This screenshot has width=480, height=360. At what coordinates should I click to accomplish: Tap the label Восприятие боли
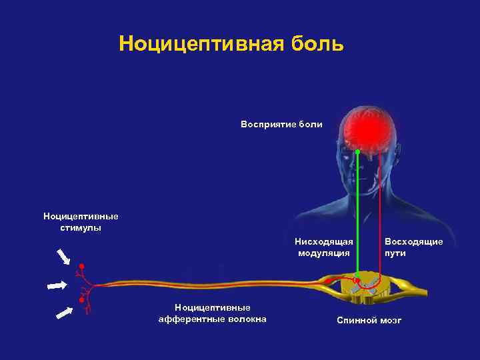pos(281,124)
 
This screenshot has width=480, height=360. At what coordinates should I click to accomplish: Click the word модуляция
pos(323,253)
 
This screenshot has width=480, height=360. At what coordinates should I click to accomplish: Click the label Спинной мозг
pos(369,321)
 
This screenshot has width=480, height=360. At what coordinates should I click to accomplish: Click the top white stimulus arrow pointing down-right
pos(64,257)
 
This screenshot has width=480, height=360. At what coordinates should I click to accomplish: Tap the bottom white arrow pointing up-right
pos(64,312)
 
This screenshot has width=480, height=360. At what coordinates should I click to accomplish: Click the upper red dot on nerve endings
pos(82,267)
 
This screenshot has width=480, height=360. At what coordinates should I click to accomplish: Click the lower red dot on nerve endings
pos(81,301)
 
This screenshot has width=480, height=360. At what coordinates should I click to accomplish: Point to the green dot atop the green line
pos(357,153)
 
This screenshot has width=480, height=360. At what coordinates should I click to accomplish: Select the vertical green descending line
pos(357,213)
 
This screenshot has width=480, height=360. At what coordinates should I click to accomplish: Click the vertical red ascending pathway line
pos(379,213)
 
